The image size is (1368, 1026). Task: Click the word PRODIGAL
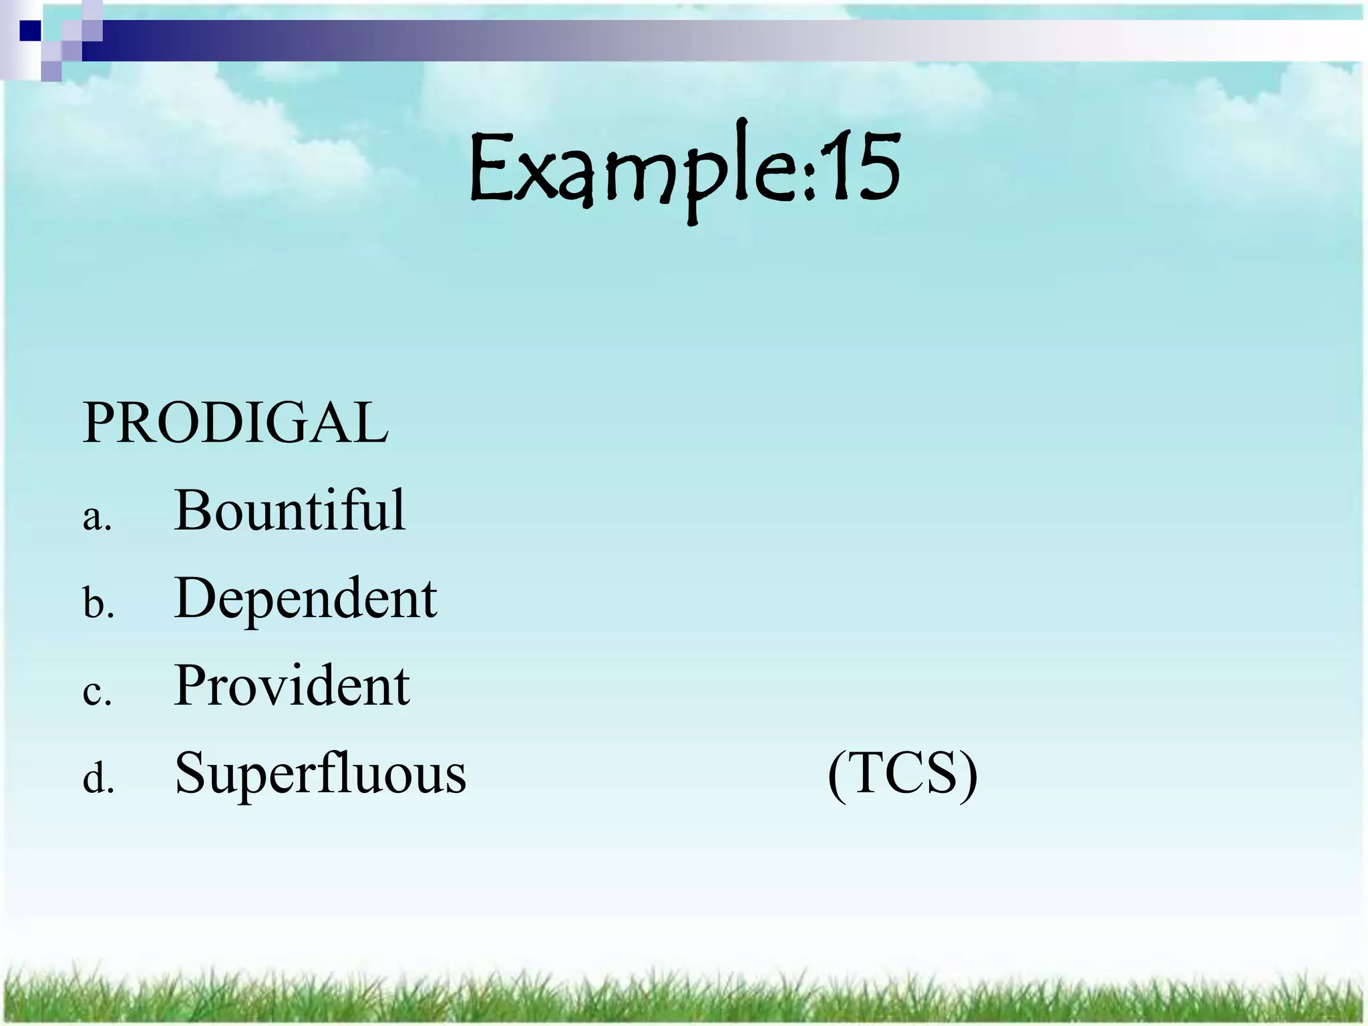tap(235, 423)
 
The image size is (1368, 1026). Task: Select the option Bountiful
tap(289, 510)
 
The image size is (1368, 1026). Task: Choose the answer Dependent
tap(305, 598)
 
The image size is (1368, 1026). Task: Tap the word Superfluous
tap(320, 774)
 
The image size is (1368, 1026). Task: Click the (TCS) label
tap(902, 774)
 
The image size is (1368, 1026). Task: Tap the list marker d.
tap(98, 780)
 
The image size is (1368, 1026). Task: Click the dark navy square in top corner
tap(29, 31)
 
